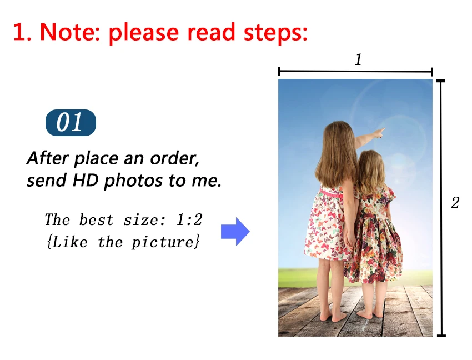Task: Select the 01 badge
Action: click(71, 123)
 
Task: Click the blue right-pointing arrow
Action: click(235, 232)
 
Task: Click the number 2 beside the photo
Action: click(455, 203)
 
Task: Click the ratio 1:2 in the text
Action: click(189, 220)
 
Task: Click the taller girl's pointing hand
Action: click(379, 133)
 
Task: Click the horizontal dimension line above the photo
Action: click(355, 71)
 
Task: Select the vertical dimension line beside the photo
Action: click(441, 208)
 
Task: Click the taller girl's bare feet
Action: click(332, 316)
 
